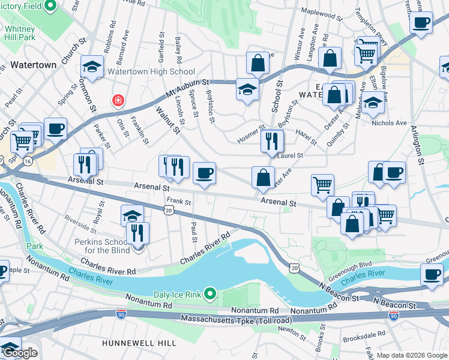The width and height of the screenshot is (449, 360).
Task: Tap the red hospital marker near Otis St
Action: click(x=118, y=100)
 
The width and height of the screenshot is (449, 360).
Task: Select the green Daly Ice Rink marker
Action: click(x=209, y=293)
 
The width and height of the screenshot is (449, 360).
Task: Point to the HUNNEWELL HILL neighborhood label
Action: click(x=139, y=343)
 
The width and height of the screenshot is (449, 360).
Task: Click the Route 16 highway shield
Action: click(x=28, y=161)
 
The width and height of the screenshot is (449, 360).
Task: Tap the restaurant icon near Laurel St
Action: click(x=272, y=141)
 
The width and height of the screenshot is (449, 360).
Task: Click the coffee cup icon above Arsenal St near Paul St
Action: click(x=204, y=173)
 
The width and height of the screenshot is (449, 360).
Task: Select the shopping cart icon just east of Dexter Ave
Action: click(x=322, y=184)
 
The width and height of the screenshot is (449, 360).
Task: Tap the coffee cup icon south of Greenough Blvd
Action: click(x=432, y=274)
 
